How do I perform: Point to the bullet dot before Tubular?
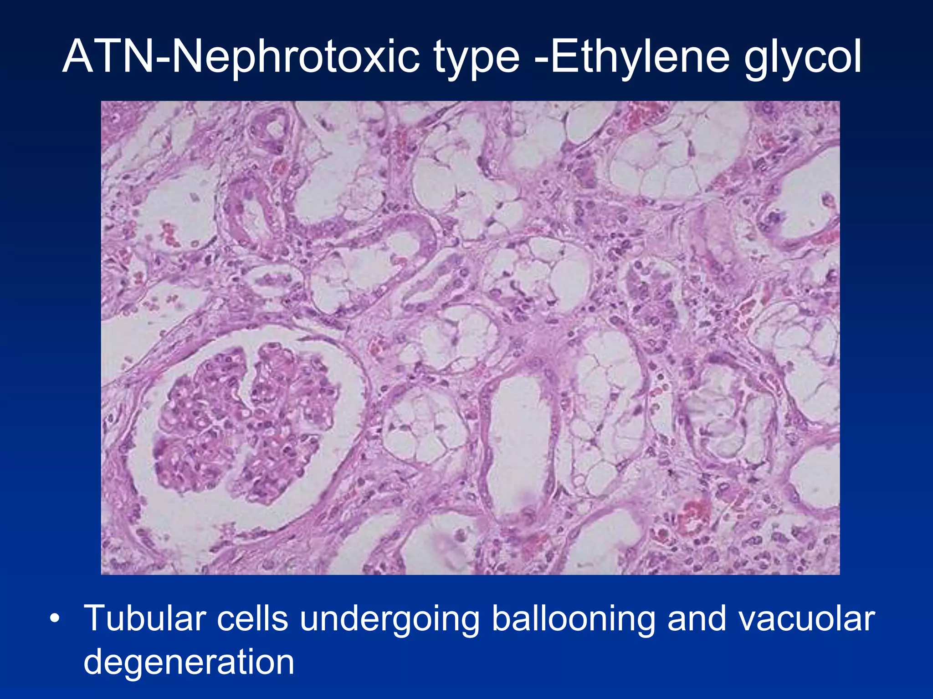tap(55, 620)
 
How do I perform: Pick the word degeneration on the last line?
tap(189, 663)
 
